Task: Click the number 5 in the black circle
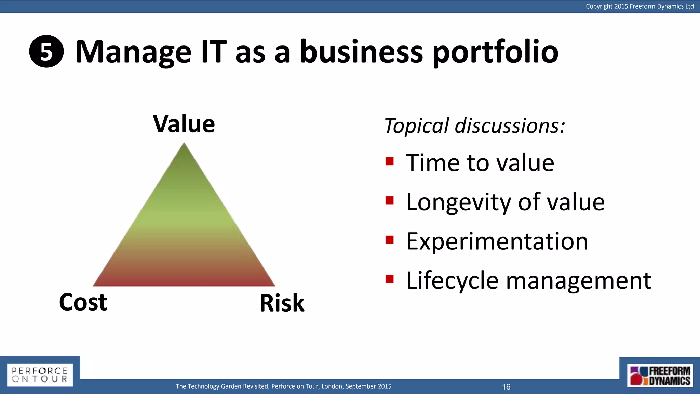pyautogui.click(x=46, y=52)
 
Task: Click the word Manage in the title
pyautogui.click(x=133, y=52)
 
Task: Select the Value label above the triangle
pyautogui.click(x=184, y=124)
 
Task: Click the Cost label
pyautogui.click(x=83, y=302)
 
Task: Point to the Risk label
pyautogui.click(x=282, y=303)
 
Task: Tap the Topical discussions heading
pyautogui.click(x=474, y=126)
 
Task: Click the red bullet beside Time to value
pyautogui.click(x=390, y=161)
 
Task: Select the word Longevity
pyautogui.click(x=459, y=202)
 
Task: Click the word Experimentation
pyautogui.click(x=497, y=241)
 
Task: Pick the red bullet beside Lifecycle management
pyautogui.click(x=390, y=279)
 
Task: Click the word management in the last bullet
pyautogui.click(x=578, y=281)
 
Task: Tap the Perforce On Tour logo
pyautogui.click(x=40, y=375)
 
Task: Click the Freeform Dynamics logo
pyautogui.click(x=660, y=376)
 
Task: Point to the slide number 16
pyautogui.click(x=506, y=387)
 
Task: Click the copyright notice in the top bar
pyautogui.click(x=640, y=6)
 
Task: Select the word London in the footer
pyautogui.click(x=332, y=386)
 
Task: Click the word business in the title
pyautogui.click(x=362, y=52)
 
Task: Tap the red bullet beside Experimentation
pyautogui.click(x=390, y=240)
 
